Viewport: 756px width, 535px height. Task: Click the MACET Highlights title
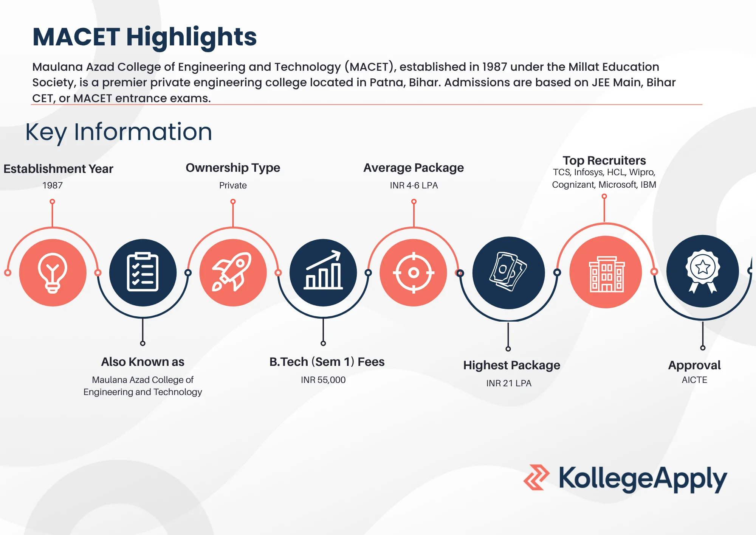tap(144, 37)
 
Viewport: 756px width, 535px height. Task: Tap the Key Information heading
tap(119, 132)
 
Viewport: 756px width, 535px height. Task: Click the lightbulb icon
tap(53, 272)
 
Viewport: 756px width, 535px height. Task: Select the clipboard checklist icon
tap(143, 272)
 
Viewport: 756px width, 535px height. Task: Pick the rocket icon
tap(233, 272)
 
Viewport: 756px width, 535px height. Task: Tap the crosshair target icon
tap(414, 272)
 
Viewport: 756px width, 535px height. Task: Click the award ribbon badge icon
tap(702, 271)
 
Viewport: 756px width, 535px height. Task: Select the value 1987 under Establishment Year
tap(53, 185)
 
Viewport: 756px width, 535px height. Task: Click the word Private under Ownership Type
tap(233, 185)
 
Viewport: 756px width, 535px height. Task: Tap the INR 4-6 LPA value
tap(414, 185)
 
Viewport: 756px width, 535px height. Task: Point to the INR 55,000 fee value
tap(323, 380)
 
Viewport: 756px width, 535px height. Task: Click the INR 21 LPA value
tap(509, 383)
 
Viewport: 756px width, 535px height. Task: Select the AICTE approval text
tap(694, 380)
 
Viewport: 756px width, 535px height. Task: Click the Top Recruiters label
tap(604, 160)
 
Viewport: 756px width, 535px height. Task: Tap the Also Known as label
tap(143, 362)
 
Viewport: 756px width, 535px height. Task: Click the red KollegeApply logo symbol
tap(536, 477)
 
